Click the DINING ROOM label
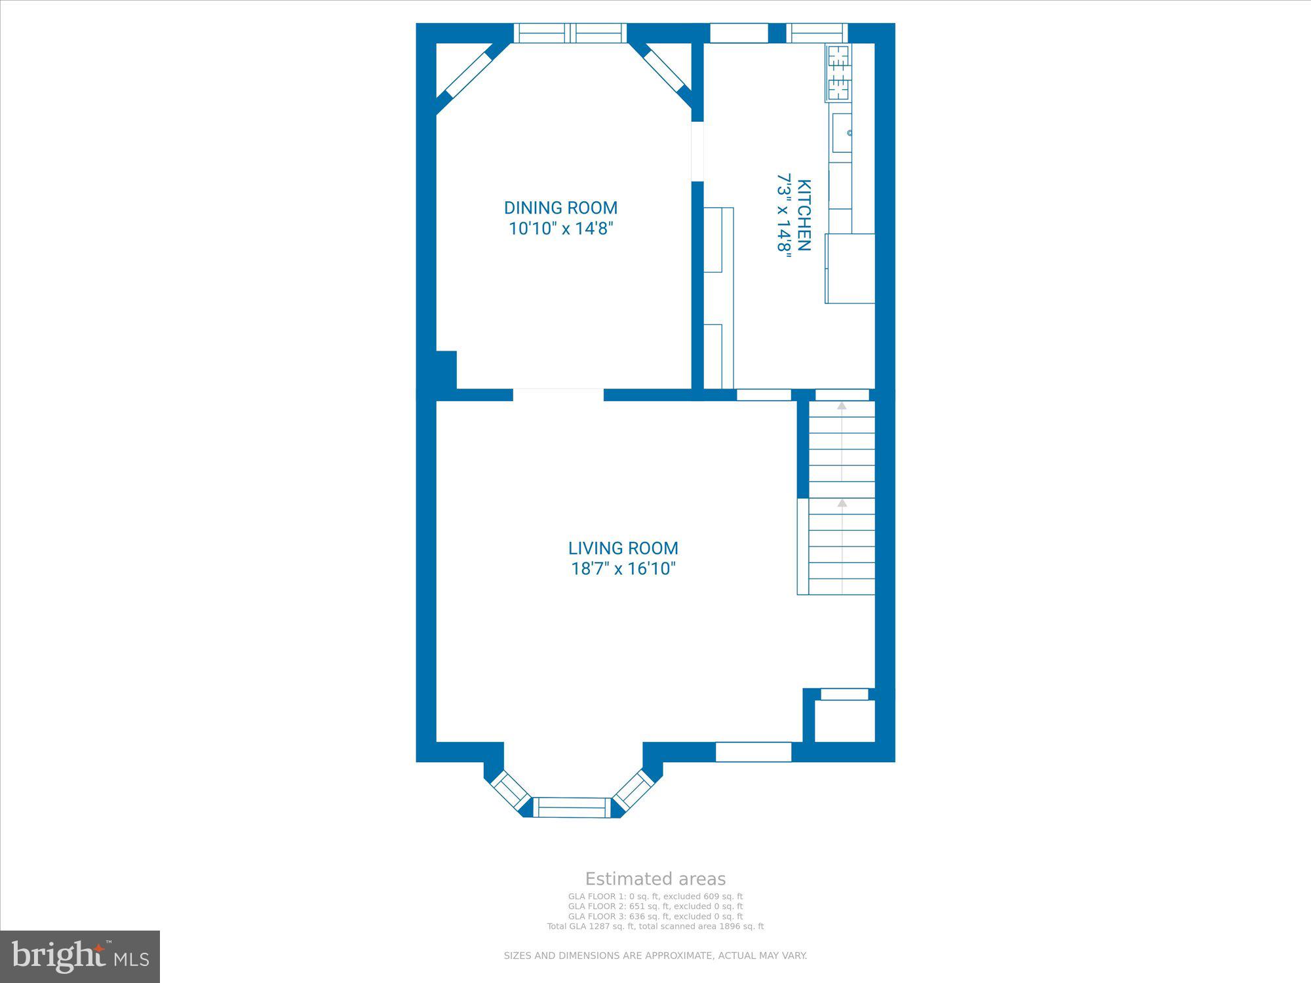click(560, 208)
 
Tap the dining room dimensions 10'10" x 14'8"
click(560, 229)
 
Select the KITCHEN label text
click(804, 215)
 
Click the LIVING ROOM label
click(623, 548)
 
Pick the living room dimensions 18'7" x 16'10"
click(623, 568)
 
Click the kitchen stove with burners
click(838, 73)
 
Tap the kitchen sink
click(842, 133)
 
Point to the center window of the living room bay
click(572, 807)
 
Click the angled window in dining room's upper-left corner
click(469, 75)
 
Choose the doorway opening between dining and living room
click(558, 395)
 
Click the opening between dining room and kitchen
click(697, 151)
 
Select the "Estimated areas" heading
click(655, 879)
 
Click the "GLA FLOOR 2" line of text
click(655, 906)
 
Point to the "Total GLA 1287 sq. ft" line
click(655, 927)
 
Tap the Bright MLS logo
click(80, 956)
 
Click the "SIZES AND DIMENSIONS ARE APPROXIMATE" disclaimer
click(655, 956)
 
